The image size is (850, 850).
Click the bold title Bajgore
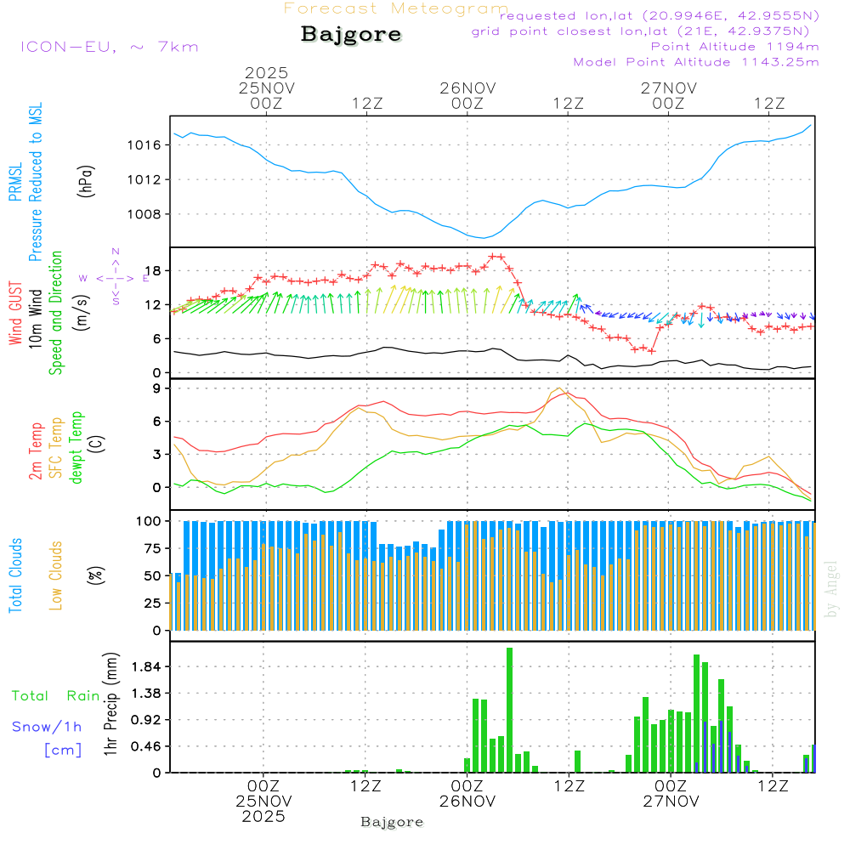click(351, 35)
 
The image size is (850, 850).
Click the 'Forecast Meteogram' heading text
click(396, 9)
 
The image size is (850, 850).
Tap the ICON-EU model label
click(109, 47)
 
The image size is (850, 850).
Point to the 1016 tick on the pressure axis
click(145, 145)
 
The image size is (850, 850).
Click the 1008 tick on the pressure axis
click(145, 214)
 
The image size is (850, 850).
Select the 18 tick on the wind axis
click(152, 271)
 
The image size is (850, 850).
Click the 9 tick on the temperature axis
click(156, 388)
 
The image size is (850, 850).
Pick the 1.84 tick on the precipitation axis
click(144, 666)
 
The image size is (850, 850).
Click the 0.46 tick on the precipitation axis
click(144, 746)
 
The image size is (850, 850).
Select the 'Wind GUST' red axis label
click(15, 314)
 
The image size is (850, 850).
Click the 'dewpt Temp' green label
click(76, 448)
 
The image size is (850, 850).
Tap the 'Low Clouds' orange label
click(56, 574)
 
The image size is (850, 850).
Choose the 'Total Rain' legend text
click(55, 696)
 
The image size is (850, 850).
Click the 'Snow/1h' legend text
click(47, 727)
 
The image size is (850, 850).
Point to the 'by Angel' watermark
click(832, 588)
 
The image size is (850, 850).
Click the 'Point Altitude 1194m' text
click(734, 47)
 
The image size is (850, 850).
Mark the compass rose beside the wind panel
click(116, 277)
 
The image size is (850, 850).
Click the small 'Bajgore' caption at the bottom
click(392, 822)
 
